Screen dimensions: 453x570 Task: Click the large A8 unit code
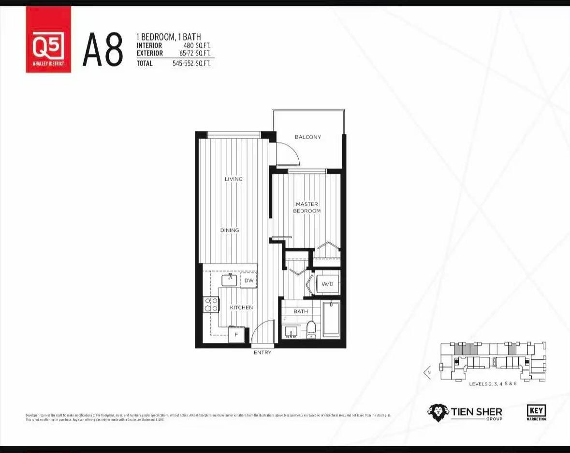[x=102, y=50]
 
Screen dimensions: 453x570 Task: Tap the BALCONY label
[x=308, y=137]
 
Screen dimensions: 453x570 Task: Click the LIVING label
[x=234, y=179]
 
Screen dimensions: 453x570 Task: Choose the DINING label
[x=230, y=230]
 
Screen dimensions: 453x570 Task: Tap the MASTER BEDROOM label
[x=307, y=208]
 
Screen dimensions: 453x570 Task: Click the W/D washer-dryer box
[x=328, y=283]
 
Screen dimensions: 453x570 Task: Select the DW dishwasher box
[x=248, y=280]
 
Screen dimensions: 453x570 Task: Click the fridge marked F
[x=236, y=334]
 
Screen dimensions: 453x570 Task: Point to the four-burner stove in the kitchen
[x=211, y=304]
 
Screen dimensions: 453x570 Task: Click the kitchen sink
[x=229, y=280]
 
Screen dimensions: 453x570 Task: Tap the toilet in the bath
[x=311, y=329]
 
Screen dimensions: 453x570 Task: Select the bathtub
[x=331, y=319]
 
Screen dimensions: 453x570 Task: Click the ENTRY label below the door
[x=263, y=353]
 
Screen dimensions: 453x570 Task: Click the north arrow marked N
[x=427, y=372]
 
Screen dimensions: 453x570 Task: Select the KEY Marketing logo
[x=536, y=412]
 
